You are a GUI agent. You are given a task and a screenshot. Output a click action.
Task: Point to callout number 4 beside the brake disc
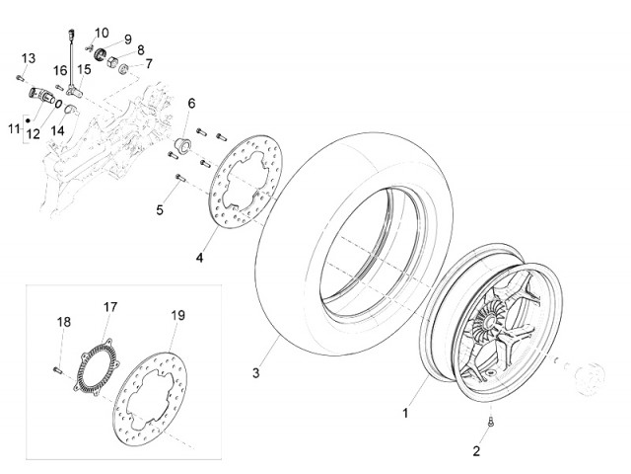tap(199, 259)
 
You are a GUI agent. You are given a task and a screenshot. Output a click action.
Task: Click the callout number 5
tap(159, 209)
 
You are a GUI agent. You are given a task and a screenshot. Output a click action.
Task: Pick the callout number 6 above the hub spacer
tap(191, 104)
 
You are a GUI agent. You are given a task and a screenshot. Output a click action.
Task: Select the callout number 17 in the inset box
tap(110, 307)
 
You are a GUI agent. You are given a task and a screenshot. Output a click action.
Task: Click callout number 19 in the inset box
tap(177, 316)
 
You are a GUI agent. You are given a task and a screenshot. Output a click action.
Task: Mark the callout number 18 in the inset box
tap(64, 322)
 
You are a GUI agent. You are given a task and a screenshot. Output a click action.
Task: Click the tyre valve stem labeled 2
tap(490, 423)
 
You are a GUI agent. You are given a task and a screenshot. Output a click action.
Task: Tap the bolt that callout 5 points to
tap(178, 179)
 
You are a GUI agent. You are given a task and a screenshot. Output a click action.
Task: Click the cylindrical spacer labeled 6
tap(181, 146)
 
